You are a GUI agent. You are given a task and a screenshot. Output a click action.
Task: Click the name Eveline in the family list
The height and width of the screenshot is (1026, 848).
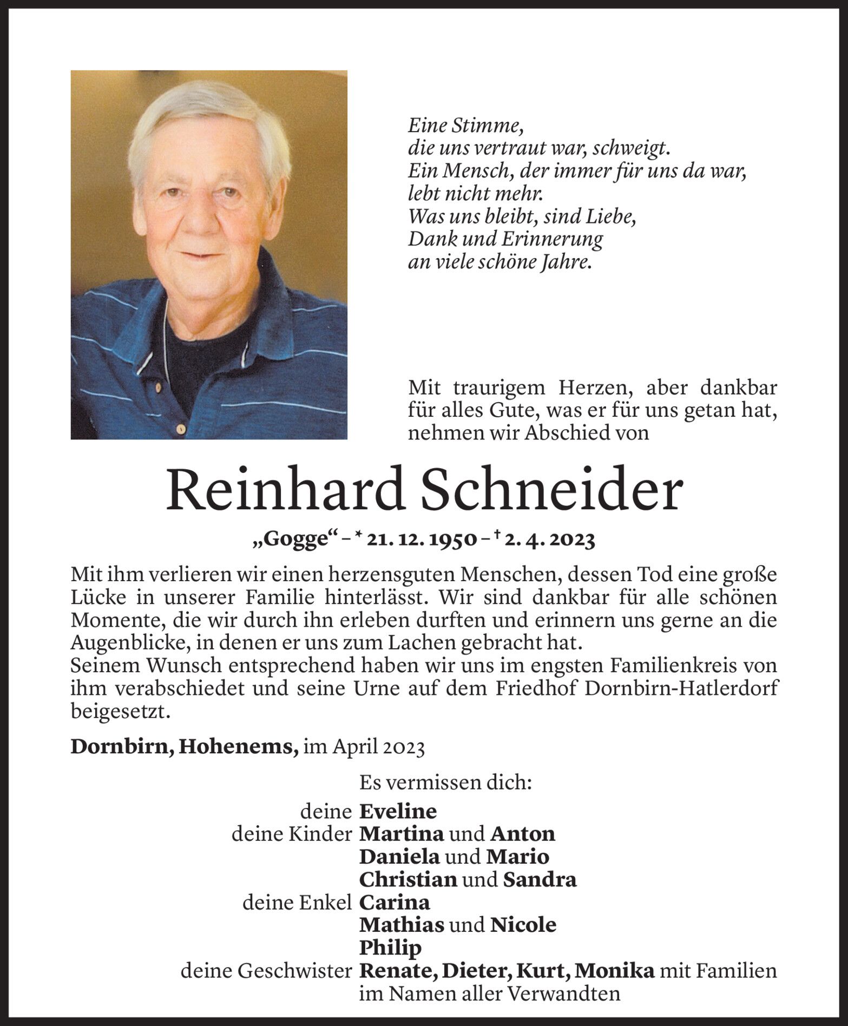398,812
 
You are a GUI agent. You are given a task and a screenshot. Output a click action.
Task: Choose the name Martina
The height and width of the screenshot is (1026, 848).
402,834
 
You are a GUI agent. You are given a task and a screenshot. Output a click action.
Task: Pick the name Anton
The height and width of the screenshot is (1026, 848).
522,834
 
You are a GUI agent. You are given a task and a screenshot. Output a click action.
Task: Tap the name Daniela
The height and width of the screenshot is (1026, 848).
400,857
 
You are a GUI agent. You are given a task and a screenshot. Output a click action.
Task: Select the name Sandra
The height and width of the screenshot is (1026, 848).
540,880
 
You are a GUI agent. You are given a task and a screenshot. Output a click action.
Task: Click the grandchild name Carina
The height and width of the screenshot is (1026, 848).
395,903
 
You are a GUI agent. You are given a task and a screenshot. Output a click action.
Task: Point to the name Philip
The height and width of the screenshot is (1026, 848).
390,948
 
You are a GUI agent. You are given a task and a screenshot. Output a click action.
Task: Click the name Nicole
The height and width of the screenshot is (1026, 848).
523,925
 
